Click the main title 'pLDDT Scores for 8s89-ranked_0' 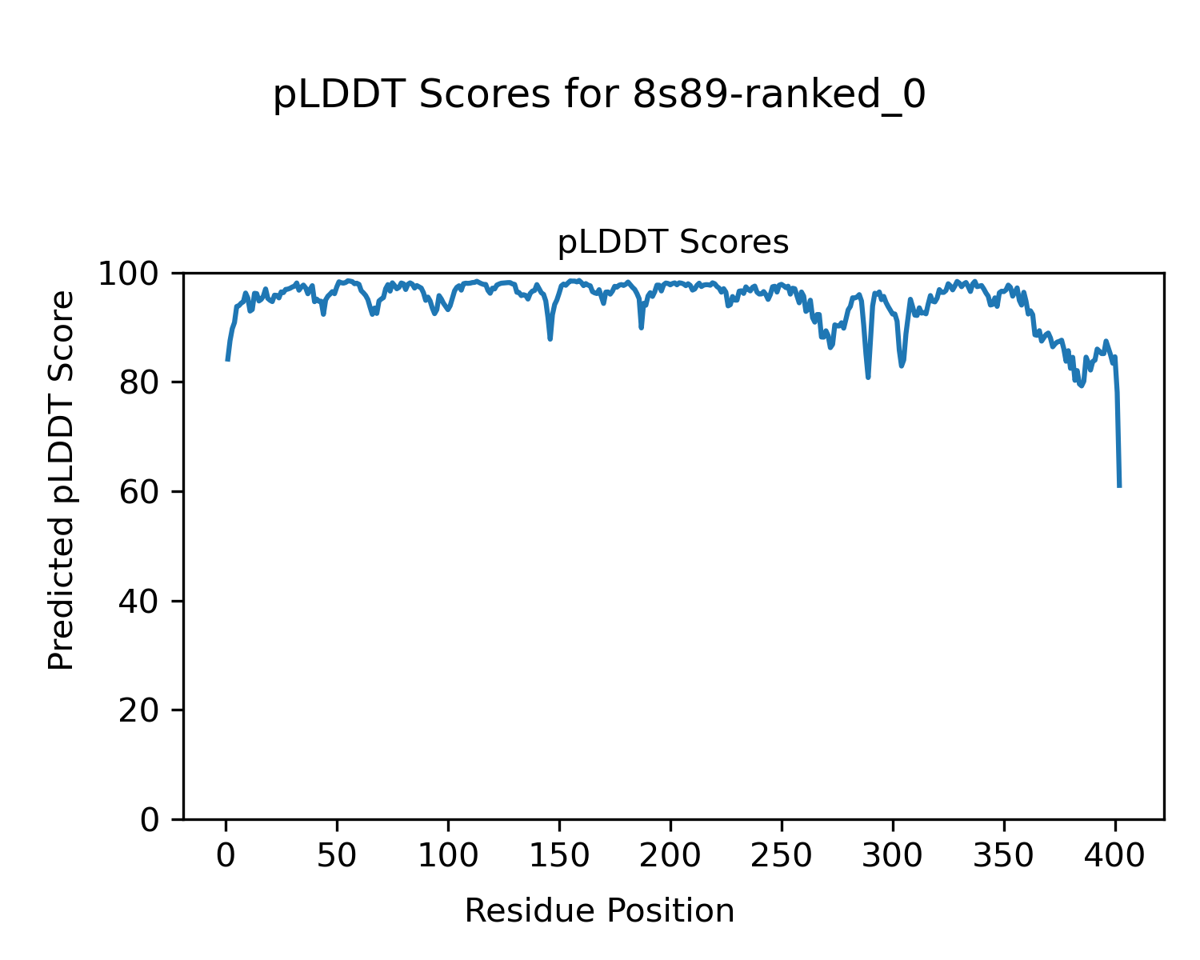pos(599,96)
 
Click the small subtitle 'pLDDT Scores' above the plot pos(673,242)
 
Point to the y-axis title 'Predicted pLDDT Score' pos(62,480)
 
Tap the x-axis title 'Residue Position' pos(599,910)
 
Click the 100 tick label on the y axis pos(136,274)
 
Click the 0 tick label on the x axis pos(226,857)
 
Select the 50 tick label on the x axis pos(337,857)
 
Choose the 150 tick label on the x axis pos(559,857)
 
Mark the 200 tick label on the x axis pos(670,857)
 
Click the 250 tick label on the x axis pos(781,857)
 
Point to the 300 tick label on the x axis pos(892,857)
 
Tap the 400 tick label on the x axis pos(1114,857)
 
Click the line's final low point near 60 pos(1119,486)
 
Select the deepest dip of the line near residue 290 pos(868,377)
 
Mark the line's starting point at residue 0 pos(227,360)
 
